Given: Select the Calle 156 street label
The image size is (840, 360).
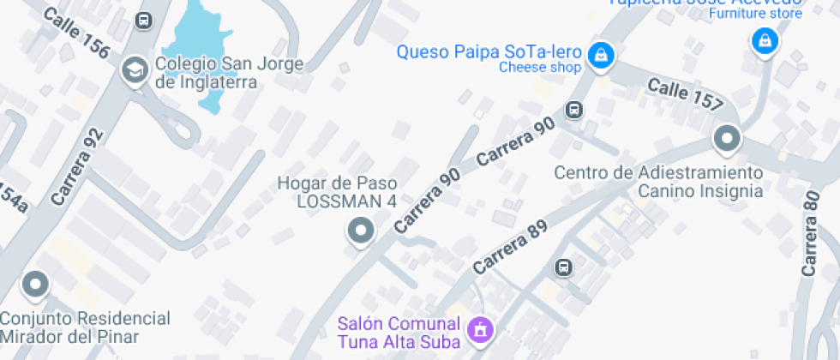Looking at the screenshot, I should tap(75, 34).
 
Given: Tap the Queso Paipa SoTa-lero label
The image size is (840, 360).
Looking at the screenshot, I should tap(489, 51).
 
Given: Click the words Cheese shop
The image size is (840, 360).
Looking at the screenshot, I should tap(540, 68).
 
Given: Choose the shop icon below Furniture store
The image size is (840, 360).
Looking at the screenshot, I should tap(763, 40).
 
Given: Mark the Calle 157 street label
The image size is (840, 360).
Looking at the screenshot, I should tap(685, 94).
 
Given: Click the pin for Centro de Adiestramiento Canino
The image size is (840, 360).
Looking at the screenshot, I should tap(727, 139).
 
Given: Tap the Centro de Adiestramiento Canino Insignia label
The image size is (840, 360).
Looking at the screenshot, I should tap(658, 182).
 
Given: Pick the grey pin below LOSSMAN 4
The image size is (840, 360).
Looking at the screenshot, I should tap(361, 231).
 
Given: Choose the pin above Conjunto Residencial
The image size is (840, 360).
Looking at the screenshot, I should tap(35, 285).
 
